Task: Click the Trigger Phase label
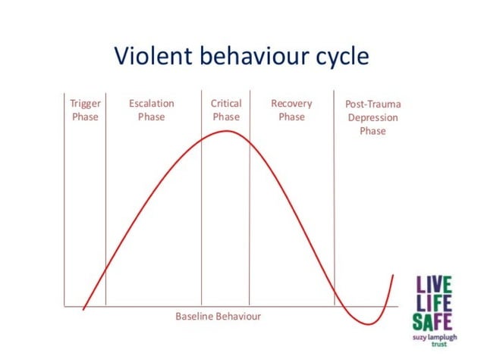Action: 85,110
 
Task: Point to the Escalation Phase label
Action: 152,110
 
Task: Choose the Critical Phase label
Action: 226,110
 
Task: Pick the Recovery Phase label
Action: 291,110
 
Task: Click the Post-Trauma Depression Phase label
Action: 372,117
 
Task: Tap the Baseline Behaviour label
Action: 218,316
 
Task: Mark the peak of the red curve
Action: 227,131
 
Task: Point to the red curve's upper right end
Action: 394,275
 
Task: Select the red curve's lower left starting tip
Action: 83,309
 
